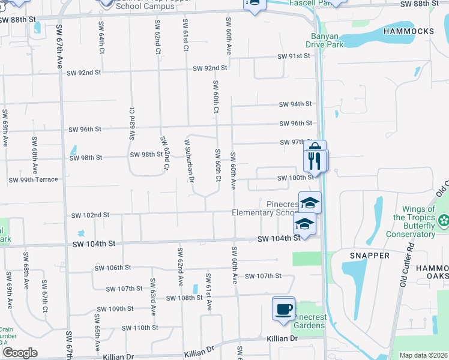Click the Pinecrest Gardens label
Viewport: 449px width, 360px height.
(309, 321)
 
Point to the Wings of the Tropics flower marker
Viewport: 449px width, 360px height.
(444, 221)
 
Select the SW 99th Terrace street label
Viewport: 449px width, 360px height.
(33, 180)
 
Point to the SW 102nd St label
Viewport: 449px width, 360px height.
(90, 215)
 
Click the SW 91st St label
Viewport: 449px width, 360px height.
(293, 56)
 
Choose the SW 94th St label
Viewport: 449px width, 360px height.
(295, 104)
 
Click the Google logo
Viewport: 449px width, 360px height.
(20, 353)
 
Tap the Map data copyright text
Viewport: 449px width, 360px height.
(423, 355)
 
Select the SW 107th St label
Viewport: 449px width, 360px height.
(264, 276)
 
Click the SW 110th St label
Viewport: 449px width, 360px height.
(139, 328)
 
